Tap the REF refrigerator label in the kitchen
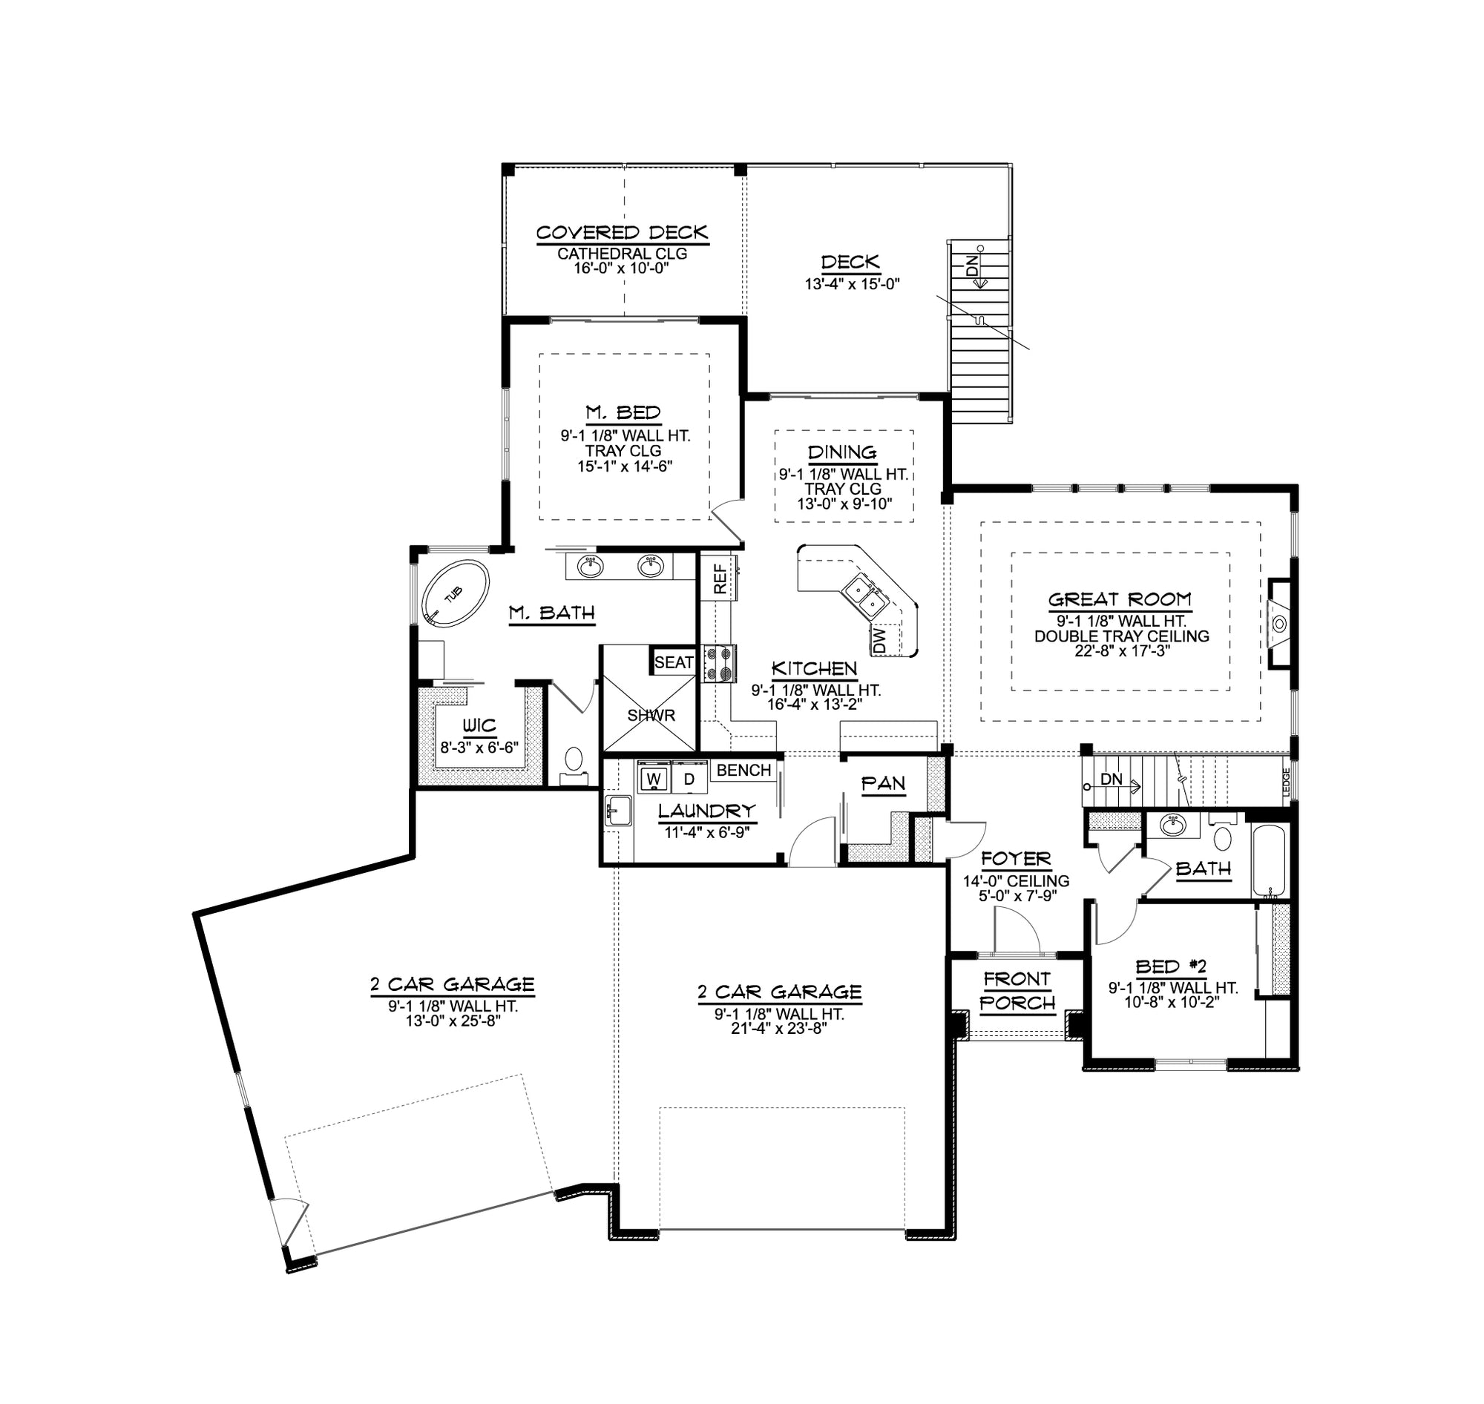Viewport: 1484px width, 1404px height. [x=720, y=579]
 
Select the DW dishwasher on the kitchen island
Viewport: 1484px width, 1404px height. [x=880, y=639]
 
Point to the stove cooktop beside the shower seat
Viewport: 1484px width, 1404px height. [x=720, y=664]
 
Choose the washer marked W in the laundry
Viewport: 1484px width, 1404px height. [x=654, y=778]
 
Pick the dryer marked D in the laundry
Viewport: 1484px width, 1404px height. [x=689, y=778]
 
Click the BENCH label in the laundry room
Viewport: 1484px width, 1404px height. [x=743, y=771]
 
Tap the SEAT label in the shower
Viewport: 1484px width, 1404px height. [x=673, y=662]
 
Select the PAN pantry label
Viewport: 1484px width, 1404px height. [x=884, y=783]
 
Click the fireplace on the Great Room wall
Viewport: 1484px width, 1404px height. [x=1279, y=623]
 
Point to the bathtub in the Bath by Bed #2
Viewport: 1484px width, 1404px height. [x=1268, y=860]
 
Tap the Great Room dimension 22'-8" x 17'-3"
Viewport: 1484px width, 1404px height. [x=1122, y=651]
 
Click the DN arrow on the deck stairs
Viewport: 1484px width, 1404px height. [x=974, y=268]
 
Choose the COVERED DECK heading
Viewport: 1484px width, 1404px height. [x=623, y=233]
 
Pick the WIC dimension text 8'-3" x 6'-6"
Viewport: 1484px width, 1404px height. [x=479, y=747]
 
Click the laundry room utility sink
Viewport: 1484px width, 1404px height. [x=620, y=811]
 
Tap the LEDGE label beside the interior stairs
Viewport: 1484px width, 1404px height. [x=1287, y=783]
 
